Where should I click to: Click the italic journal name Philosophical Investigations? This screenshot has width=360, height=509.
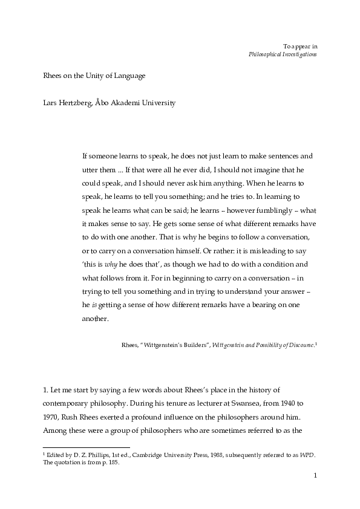click(283, 54)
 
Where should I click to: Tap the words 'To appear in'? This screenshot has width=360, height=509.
click(300, 45)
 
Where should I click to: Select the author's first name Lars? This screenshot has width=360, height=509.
click(50, 103)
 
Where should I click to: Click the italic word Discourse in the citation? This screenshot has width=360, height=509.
click(299, 345)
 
